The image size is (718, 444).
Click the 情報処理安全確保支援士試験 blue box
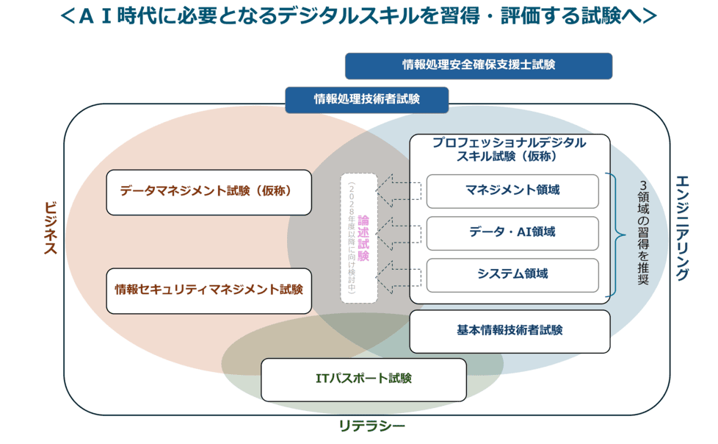[x=479, y=65]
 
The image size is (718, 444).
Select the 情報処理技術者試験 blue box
[x=366, y=99]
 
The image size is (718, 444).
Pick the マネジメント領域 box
[x=512, y=190]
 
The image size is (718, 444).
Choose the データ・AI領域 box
[x=512, y=232]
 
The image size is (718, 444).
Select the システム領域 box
[x=512, y=274]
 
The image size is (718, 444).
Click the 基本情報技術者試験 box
[x=510, y=331]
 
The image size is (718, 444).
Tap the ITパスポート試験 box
[x=363, y=379]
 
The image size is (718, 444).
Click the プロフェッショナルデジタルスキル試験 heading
[x=510, y=149]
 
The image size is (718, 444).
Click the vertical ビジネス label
[x=50, y=228]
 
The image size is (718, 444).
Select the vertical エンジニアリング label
[x=682, y=228]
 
